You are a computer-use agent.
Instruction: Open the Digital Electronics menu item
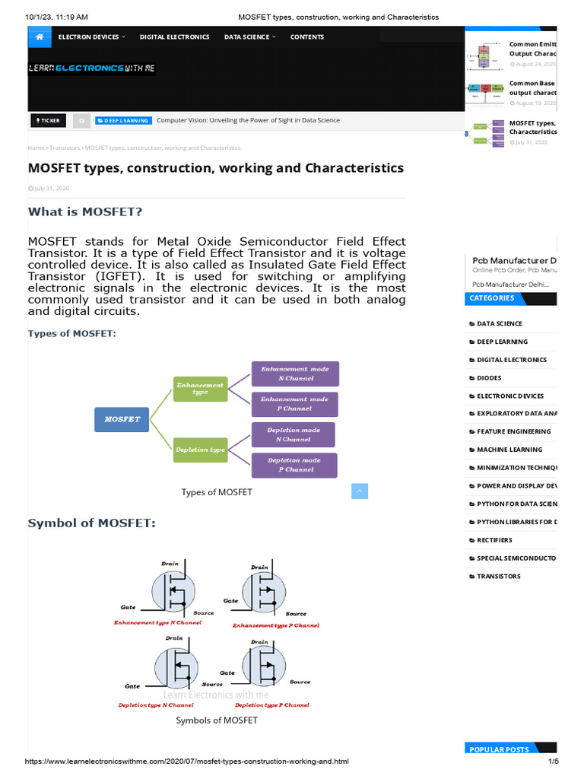[x=174, y=37]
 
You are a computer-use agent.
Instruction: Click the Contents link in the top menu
[x=307, y=37]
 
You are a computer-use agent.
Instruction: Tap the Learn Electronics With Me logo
[x=90, y=68]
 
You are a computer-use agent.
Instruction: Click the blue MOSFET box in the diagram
[x=122, y=420]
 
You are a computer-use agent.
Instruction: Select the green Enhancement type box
[x=200, y=389]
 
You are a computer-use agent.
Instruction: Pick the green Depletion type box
[x=200, y=450]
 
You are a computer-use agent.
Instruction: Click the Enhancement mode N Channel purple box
[x=295, y=374]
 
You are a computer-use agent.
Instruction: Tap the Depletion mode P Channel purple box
[x=295, y=465]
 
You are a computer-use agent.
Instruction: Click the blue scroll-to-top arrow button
[x=360, y=491]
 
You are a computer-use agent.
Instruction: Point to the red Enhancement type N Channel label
[x=157, y=622]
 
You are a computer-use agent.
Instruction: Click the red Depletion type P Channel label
[x=272, y=705]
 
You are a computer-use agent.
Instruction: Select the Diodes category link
[x=489, y=377]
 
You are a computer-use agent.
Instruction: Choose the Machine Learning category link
[x=509, y=450]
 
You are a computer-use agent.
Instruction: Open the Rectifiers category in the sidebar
[x=494, y=540]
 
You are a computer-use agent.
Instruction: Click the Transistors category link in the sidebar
[x=499, y=576]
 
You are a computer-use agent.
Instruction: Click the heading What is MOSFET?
[x=85, y=211]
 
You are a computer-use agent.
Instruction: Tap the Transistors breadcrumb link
[x=65, y=148]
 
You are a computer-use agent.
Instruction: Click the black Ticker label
[x=49, y=120]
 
